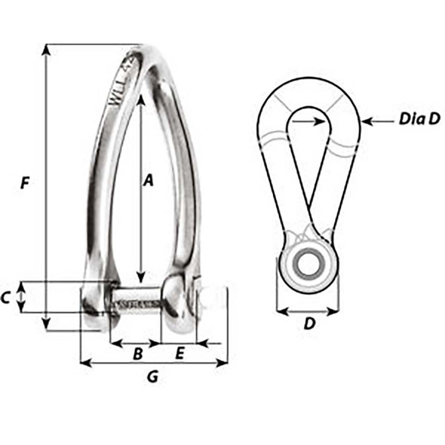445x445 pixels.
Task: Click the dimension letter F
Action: tap(26, 183)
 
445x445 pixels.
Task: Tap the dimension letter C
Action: tap(6, 298)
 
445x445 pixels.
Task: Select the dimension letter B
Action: tap(138, 353)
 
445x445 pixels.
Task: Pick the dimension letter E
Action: tap(180, 353)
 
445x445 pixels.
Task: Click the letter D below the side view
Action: tap(308, 324)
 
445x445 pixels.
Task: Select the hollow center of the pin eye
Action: tap(307, 263)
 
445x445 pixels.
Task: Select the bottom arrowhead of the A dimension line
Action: tap(140, 280)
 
